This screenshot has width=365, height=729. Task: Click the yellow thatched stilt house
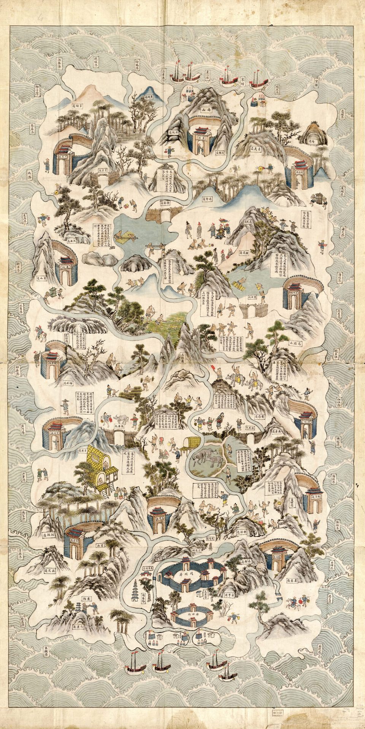[98, 468]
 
